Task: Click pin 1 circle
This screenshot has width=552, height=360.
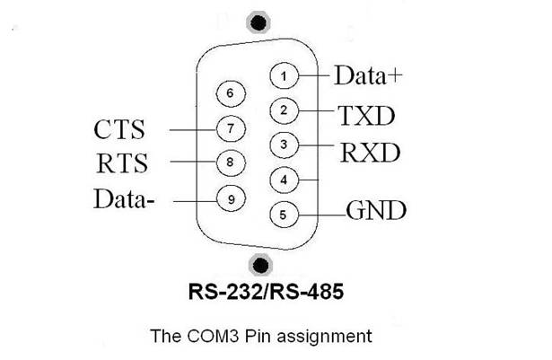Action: point(284,76)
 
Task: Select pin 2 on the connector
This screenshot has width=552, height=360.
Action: point(284,110)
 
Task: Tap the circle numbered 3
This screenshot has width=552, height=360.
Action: point(284,144)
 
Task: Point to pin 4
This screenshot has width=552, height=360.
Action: point(284,180)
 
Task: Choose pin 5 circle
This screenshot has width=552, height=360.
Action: point(284,215)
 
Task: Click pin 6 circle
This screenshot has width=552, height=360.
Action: point(231,92)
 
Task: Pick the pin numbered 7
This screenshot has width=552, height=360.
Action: point(231,128)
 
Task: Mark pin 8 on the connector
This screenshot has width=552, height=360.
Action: point(231,162)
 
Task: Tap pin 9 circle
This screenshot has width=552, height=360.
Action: point(231,198)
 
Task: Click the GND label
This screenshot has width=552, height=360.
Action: point(376,212)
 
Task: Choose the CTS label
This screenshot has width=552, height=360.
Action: point(121,129)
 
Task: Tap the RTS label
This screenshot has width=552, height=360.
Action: point(121,163)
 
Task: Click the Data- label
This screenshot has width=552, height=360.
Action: point(124,198)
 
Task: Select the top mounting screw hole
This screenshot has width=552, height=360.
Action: point(260,22)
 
